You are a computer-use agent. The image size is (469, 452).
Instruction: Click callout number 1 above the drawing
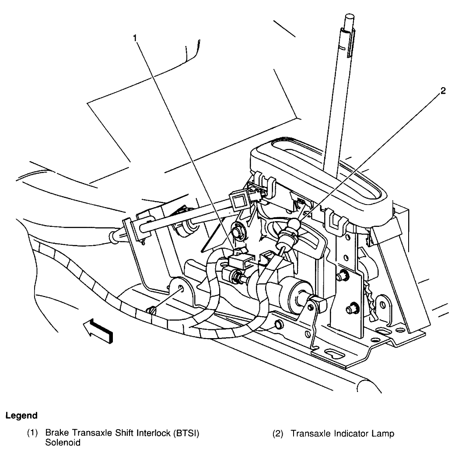(x=136, y=38)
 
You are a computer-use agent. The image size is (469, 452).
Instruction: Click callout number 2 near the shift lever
(x=443, y=92)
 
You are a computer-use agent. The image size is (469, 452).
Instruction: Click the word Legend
(x=21, y=415)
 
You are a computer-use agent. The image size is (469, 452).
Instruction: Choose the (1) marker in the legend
(x=33, y=434)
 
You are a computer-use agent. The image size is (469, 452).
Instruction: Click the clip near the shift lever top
(x=351, y=44)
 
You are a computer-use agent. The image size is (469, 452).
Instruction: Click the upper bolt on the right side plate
(x=342, y=275)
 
